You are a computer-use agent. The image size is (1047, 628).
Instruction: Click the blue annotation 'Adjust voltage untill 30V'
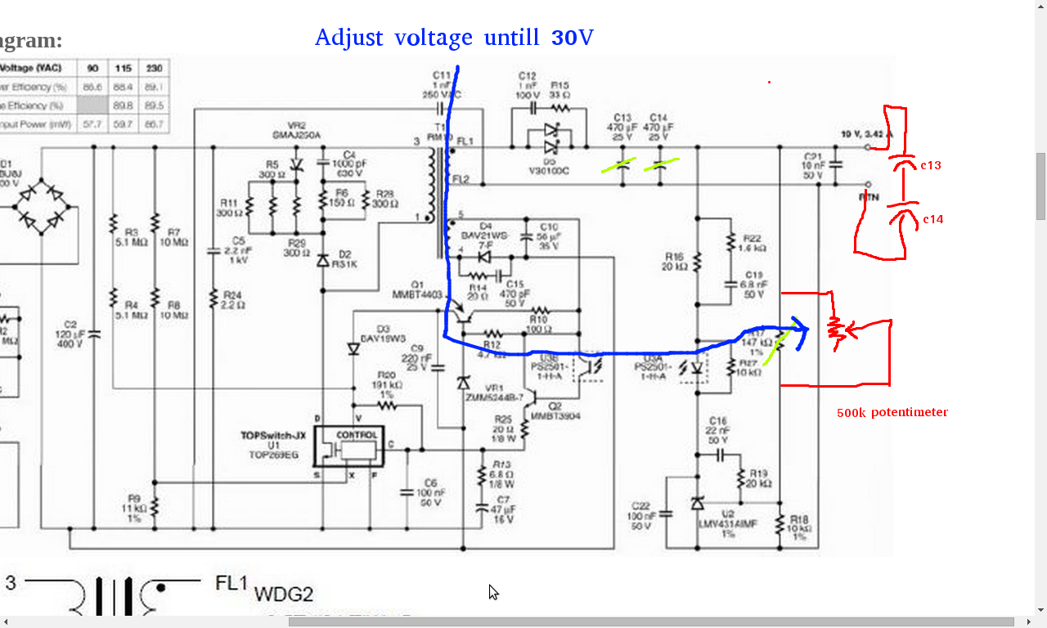click(x=454, y=38)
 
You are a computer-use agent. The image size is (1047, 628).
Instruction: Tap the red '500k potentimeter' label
click(x=892, y=412)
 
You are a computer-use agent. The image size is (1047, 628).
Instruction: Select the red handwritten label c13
click(x=930, y=165)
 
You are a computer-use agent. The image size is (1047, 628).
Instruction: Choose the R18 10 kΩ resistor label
click(x=799, y=528)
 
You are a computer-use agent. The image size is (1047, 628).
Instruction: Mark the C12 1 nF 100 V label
click(x=527, y=84)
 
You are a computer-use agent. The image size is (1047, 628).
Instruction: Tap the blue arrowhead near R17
click(x=802, y=330)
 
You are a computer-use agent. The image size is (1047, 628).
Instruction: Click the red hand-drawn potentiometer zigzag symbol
click(x=836, y=330)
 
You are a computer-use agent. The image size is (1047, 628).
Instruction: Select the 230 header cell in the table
click(x=152, y=68)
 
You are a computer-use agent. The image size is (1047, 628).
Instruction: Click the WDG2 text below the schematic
click(x=283, y=595)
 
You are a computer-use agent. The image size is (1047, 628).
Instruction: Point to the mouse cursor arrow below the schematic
click(x=493, y=592)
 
